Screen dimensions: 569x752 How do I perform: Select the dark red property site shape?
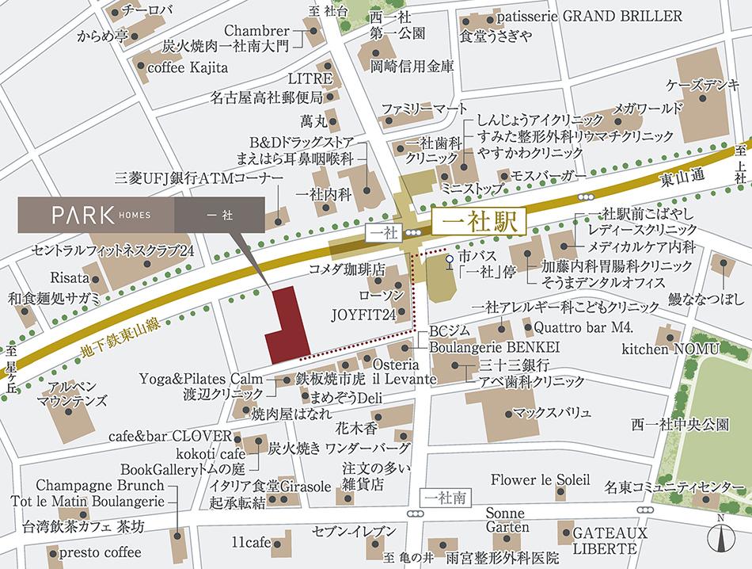click(287, 326)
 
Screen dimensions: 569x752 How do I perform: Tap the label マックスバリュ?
click(552, 412)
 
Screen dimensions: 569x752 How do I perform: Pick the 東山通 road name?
click(678, 180)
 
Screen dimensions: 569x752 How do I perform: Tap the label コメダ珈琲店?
click(347, 268)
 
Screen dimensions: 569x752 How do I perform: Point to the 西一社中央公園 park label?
click(680, 426)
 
